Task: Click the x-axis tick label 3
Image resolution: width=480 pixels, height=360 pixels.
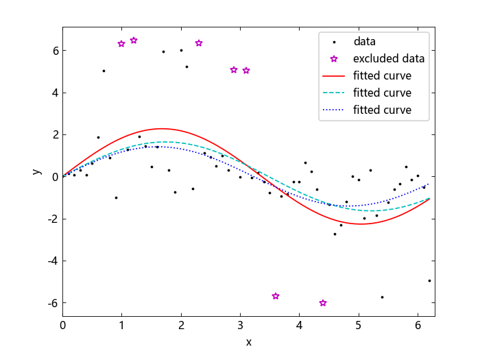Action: [240, 325]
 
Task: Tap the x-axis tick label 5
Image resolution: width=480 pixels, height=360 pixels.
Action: [359, 325]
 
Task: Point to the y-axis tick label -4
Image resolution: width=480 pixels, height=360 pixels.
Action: [53, 261]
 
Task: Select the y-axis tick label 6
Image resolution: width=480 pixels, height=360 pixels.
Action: [56, 51]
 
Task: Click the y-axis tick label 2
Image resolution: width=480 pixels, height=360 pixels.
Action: [56, 134]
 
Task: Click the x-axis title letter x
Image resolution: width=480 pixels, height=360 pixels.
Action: [248, 342]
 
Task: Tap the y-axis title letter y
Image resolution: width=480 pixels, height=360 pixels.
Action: [37, 171]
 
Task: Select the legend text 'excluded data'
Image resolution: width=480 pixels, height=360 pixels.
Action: [389, 58]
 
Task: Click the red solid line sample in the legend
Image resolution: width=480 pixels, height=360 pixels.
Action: [333, 75]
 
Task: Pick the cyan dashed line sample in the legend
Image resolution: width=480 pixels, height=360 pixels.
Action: [333, 93]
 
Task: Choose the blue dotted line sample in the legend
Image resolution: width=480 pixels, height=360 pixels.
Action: [333, 110]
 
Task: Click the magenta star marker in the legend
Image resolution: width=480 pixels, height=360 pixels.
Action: [334, 59]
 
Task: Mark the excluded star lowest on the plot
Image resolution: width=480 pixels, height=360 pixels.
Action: [323, 303]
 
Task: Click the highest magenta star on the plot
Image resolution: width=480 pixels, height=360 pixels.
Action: [134, 40]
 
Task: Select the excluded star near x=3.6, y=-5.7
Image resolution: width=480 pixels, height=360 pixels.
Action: [276, 296]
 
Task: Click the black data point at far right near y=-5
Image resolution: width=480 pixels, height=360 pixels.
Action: [429, 280]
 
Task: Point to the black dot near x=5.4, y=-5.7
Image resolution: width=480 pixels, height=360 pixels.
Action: [382, 297]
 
